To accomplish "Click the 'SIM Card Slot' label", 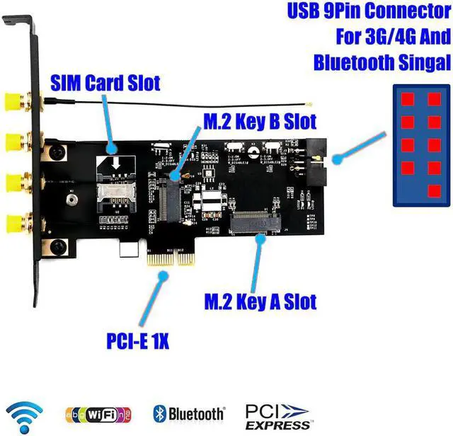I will point(105,83).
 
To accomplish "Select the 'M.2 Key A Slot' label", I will point(260,302).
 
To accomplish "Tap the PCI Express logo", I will point(278,416).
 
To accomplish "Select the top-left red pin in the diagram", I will point(408,98).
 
